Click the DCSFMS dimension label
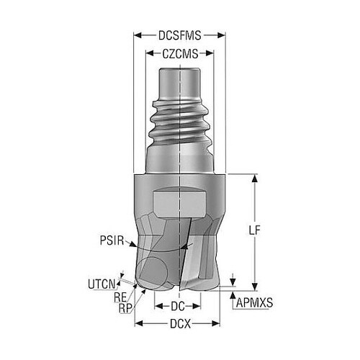(x=179, y=35)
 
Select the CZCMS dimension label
(x=180, y=54)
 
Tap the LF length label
(x=254, y=230)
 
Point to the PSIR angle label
(x=112, y=240)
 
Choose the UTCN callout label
(x=102, y=284)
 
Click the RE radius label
(x=120, y=297)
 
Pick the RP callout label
(x=125, y=308)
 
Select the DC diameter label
(x=178, y=306)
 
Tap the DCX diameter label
(x=180, y=324)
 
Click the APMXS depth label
(x=255, y=303)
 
